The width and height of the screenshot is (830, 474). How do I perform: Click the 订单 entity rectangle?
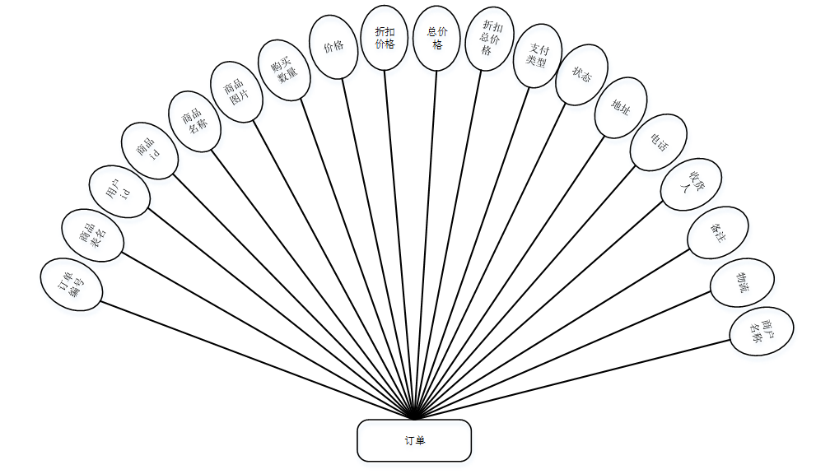click(x=414, y=440)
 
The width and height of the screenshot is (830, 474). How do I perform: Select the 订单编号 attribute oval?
click(x=72, y=285)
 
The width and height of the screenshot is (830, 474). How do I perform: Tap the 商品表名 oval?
click(x=93, y=235)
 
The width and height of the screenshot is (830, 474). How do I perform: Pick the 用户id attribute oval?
click(x=120, y=191)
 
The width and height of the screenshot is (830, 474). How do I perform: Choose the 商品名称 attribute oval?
click(x=194, y=121)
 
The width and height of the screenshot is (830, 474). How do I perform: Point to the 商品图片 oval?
click(x=237, y=91)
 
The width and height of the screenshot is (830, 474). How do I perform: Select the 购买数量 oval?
click(x=284, y=71)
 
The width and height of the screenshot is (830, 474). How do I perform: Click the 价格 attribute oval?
click(x=333, y=48)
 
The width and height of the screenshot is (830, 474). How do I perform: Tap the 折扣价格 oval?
click(x=385, y=37)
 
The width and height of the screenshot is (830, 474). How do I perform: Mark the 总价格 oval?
click(x=437, y=38)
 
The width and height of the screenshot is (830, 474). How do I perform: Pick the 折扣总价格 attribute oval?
click(x=489, y=39)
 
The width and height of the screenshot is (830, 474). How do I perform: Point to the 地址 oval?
click(x=621, y=107)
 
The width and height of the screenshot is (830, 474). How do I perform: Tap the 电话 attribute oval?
click(x=658, y=142)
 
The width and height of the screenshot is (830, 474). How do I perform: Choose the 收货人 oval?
click(x=691, y=184)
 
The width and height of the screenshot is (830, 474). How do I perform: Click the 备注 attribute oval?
click(x=718, y=232)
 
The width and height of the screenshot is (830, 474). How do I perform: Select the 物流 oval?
click(x=742, y=283)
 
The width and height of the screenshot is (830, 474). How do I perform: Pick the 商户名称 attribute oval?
click(x=762, y=332)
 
